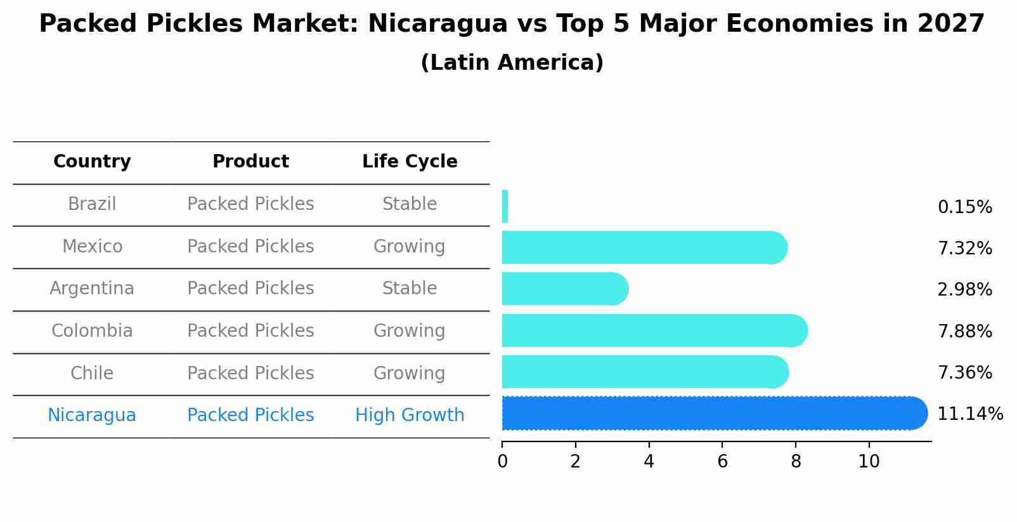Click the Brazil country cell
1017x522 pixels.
click(x=92, y=204)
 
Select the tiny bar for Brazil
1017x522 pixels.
click(x=505, y=207)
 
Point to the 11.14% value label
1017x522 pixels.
click(x=969, y=414)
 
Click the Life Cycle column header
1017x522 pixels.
click(x=410, y=162)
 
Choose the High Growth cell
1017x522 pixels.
click(x=410, y=415)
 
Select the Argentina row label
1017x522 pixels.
click(x=92, y=289)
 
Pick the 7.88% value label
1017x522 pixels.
click(x=964, y=332)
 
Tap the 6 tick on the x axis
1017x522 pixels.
click(x=722, y=462)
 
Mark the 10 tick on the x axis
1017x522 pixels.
click(x=869, y=462)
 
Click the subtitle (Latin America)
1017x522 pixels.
click(x=512, y=63)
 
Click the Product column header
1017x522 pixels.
click(x=250, y=162)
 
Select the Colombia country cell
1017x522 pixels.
click(x=92, y=331)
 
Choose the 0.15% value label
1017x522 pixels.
click(x=964, y=207)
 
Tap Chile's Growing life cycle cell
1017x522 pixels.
click(x=410, y=373)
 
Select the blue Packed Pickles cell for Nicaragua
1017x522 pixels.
click(x=250, y=415)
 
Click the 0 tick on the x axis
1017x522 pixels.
click(x=502, y=462)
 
